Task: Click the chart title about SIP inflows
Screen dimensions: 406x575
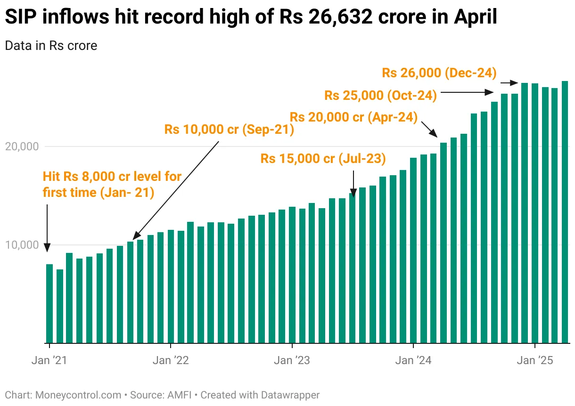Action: pyautogui.click(x=250, y=17)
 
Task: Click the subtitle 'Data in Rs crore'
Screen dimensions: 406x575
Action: pyautogui.click(x=51, y=46)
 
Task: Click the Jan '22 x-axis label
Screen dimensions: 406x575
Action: pyautogui.click(x=171, y=361)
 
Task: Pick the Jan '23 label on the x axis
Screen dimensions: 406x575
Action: pyautogui.click(x=292, y=361)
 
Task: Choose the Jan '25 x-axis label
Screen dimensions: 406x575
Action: pyautogui.click(x=535, y=361)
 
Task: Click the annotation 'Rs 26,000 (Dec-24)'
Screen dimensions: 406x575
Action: pyautogui.click(x=439, y=73)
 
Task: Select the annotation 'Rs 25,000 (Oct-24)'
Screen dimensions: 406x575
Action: pyautogui.click(x=380, y=95)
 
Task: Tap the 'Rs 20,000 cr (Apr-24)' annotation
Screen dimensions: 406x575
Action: pyautogui.click(x=353, y=117)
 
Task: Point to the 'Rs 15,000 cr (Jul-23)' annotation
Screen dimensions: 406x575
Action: pyautogui.click(x=323, y=159)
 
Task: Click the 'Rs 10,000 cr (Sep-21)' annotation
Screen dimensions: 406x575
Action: pyautogui.click(x=229, y=130)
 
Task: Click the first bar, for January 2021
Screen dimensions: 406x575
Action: pyautogui.click(x=49, y=303)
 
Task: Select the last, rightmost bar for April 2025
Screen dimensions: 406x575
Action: pyautogui.click(x=565, y=212)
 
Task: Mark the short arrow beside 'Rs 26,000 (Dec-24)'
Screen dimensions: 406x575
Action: pyautogui.click(x=509, y=83)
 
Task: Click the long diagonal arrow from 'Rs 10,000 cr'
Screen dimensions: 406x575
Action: pyautogui.click(x=176, y=189)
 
